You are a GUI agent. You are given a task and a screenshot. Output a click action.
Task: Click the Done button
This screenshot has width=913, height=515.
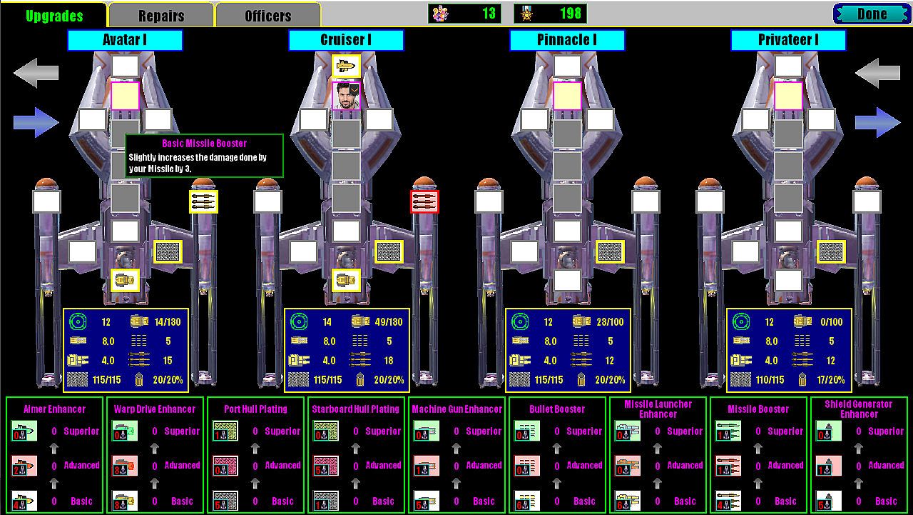click(x=871, y=14)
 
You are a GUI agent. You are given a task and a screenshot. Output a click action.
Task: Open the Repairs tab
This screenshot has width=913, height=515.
click(x=160, y=16)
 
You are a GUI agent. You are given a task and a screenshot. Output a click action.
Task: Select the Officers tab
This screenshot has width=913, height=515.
click(x=267, y=16)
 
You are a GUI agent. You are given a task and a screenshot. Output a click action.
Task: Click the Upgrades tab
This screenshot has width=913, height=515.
click(x=54, y=16)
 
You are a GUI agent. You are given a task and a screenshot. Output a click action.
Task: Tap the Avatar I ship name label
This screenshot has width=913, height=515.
click(x=125, y=40)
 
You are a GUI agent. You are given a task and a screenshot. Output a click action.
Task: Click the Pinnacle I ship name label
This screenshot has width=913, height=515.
click(x=567, y=40)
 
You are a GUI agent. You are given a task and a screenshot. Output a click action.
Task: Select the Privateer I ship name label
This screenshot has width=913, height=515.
click(x=788, y=40)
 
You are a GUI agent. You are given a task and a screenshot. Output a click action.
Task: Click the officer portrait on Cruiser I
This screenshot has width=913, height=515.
click(x=346, y=96)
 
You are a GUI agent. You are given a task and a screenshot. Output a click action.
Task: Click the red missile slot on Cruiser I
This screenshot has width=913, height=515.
click(x=424, y=202)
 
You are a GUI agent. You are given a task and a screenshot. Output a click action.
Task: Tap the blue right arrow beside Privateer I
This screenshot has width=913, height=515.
click(x=877, y=122)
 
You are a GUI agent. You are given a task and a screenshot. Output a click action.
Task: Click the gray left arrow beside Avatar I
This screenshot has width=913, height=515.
click(x=36, y=73)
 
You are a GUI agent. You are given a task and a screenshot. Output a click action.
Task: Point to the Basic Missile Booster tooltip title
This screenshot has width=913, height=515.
click(x=204, y=144)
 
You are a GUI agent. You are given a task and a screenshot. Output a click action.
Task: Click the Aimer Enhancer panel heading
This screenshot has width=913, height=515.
click(x=54, y=409)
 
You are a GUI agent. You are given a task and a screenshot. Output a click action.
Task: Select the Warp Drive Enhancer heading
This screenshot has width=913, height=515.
click(x=155, y=409)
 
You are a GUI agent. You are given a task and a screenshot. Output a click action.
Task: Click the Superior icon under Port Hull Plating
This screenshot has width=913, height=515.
click(x=225, y=431)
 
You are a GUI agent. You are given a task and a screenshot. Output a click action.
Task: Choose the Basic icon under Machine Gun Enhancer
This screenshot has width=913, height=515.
click(x=427, y=500)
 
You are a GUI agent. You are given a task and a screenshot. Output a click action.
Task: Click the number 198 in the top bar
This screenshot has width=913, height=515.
click(x=571, y=14)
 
